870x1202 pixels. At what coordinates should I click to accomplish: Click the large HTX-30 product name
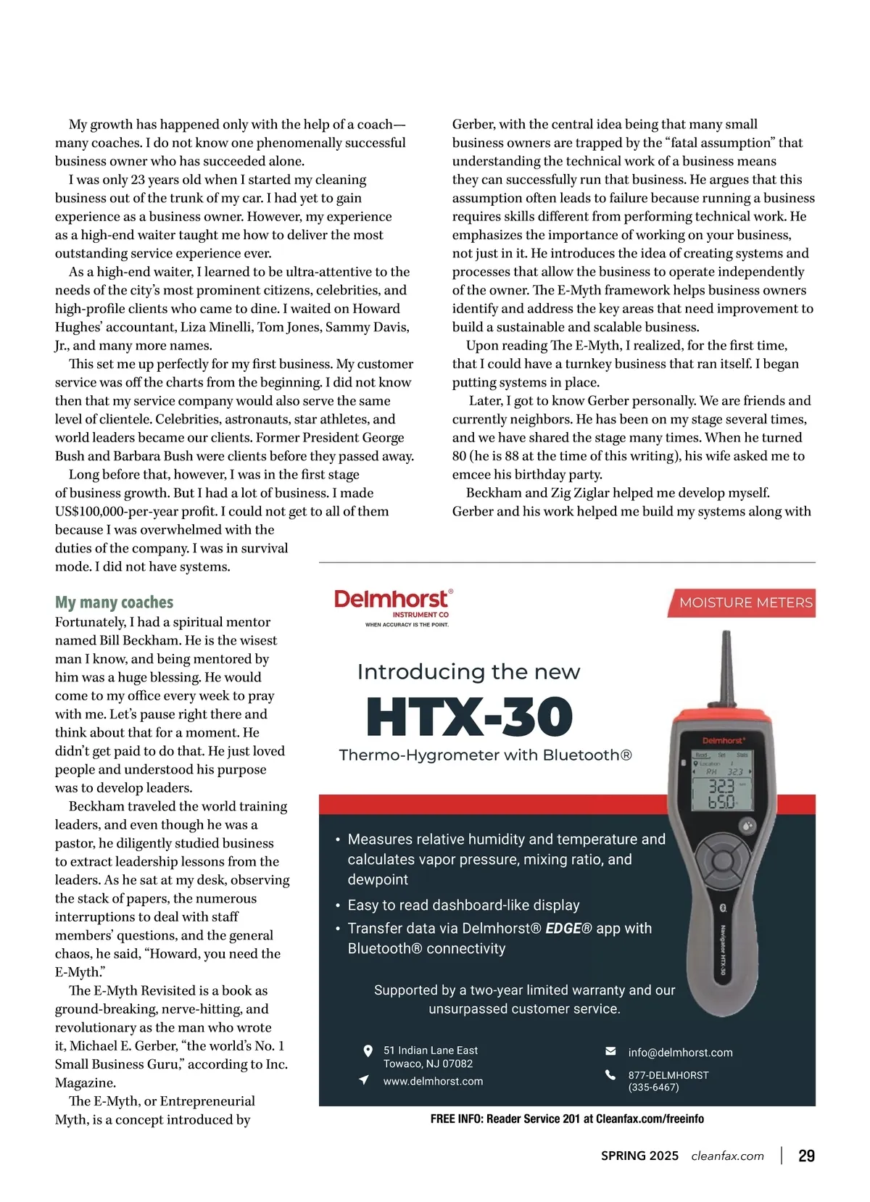click(x=469, y=717)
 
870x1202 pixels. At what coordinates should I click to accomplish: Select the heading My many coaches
click(x=114, y=602)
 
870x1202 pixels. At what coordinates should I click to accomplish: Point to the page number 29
click(x=806, y=1156)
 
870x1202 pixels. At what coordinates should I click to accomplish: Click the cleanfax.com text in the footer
click(x=727, y=1156)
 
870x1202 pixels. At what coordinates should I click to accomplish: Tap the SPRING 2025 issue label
click(x=639, y=1156)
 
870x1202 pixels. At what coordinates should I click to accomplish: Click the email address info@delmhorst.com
click(x=680, y=1052)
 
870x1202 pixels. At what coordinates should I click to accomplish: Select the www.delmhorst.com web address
click(x=433, y=1081)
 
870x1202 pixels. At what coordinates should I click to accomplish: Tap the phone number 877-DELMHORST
click(x=668, y=1075)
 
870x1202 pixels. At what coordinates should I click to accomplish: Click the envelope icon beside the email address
click(x=610, y=1051)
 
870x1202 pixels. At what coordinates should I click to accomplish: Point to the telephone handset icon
click(x=610, y=1075)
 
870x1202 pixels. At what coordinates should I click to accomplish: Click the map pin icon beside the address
click(x=368, y=1050)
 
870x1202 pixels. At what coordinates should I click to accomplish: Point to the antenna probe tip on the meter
click(x=725, y=638)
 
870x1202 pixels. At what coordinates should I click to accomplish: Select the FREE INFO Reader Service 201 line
click(x=567, y=1119)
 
